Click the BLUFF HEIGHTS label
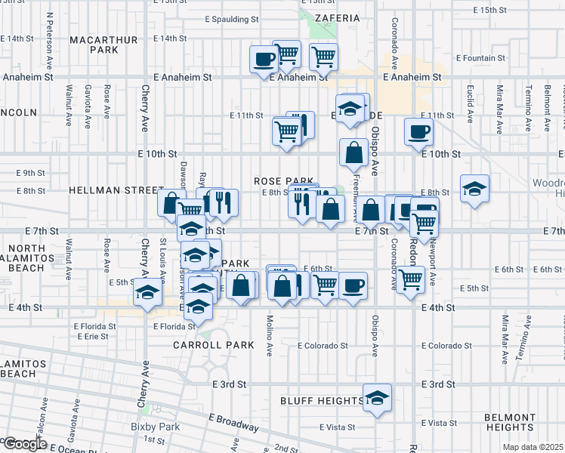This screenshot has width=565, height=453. click(x=321, y=401)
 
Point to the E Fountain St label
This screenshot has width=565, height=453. click(x=478, y=58)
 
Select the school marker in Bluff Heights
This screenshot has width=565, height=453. click(x=377, y=397)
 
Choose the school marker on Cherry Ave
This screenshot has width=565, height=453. click(x=147, y=292)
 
